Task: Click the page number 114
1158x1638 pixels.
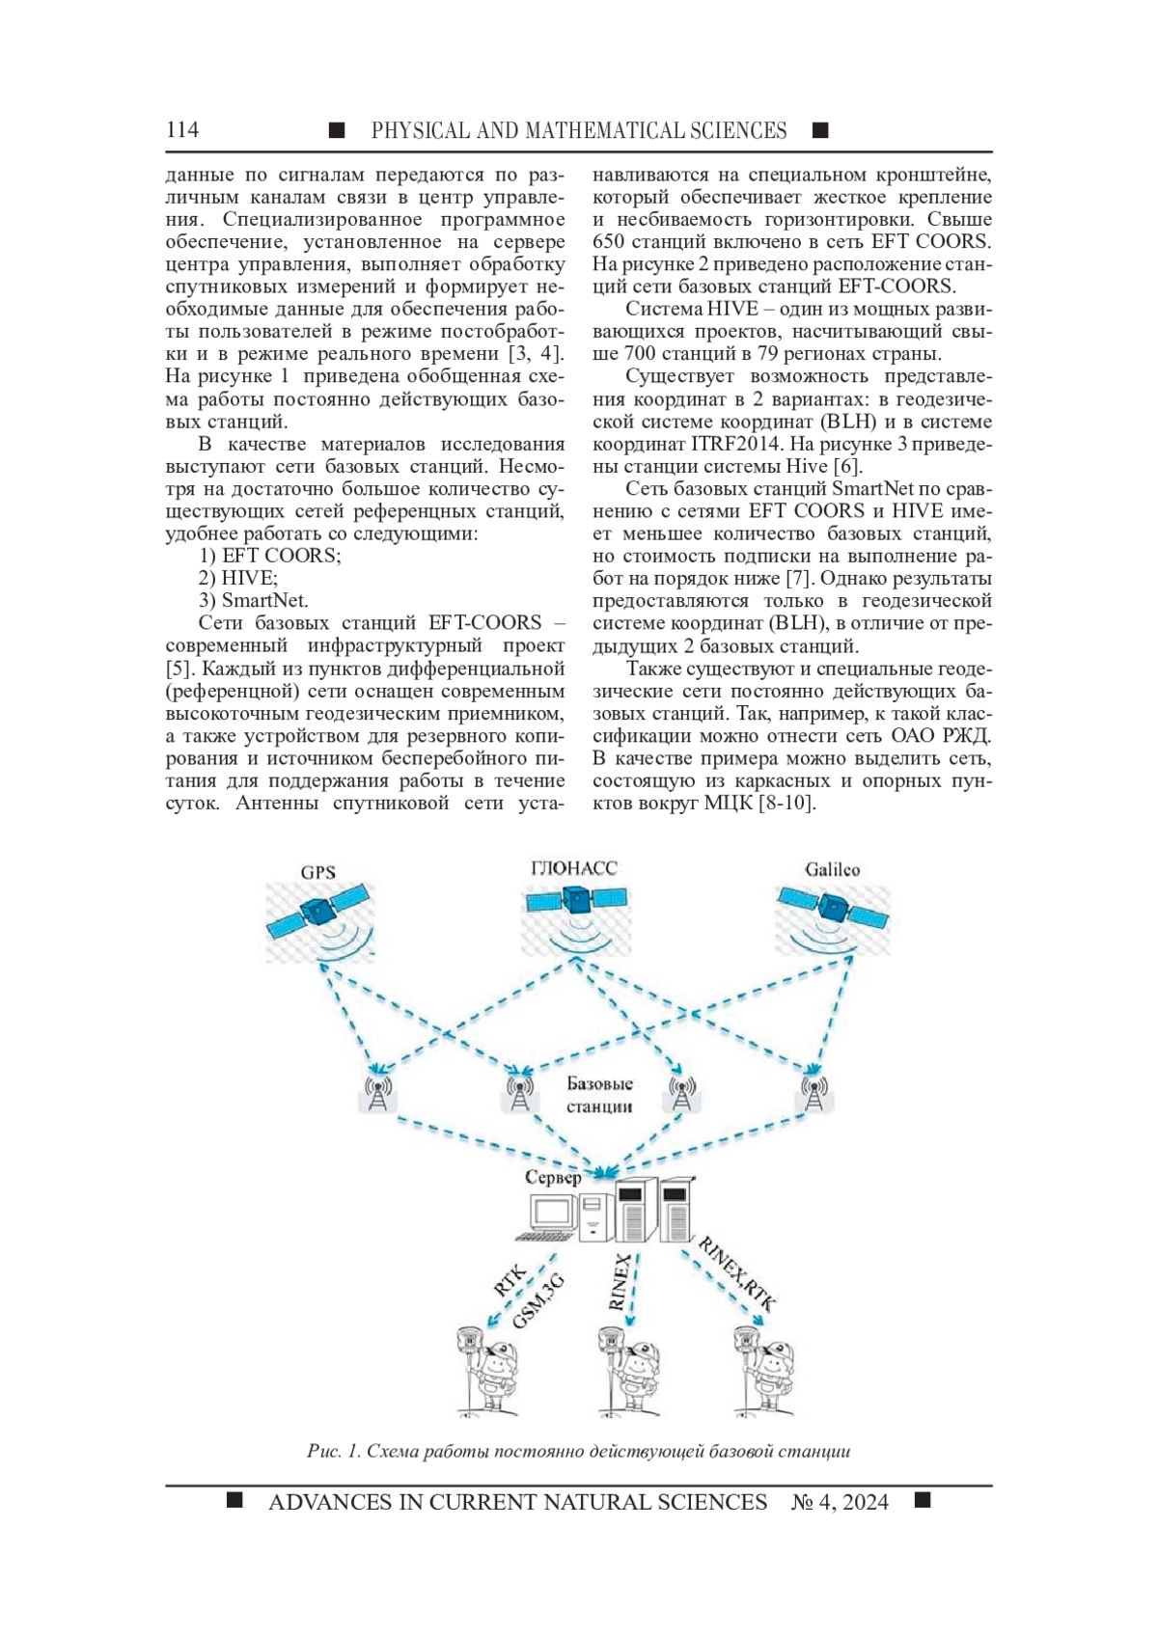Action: [x=182, y=130]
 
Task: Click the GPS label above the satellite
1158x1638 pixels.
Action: [x=317, y=872]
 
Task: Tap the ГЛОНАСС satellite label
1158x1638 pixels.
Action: [x=574, y=868]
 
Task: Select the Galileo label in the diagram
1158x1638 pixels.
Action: [x=832, y=869]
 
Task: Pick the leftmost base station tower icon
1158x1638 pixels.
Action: [x=377, y=1093]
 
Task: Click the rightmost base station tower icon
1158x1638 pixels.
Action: [x=813, y=1093]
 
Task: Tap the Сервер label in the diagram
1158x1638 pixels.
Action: [x=553, y=1177]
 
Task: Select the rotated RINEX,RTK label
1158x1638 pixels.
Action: [x=736, y=1272]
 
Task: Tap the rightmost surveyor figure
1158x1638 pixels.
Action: [x=765, y=1370]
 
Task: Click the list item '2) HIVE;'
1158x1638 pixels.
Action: [x=237, y=578]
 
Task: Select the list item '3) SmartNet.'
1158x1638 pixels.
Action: [x=254, y=600]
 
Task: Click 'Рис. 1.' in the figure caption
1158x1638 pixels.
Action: [x=334, y=1451]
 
